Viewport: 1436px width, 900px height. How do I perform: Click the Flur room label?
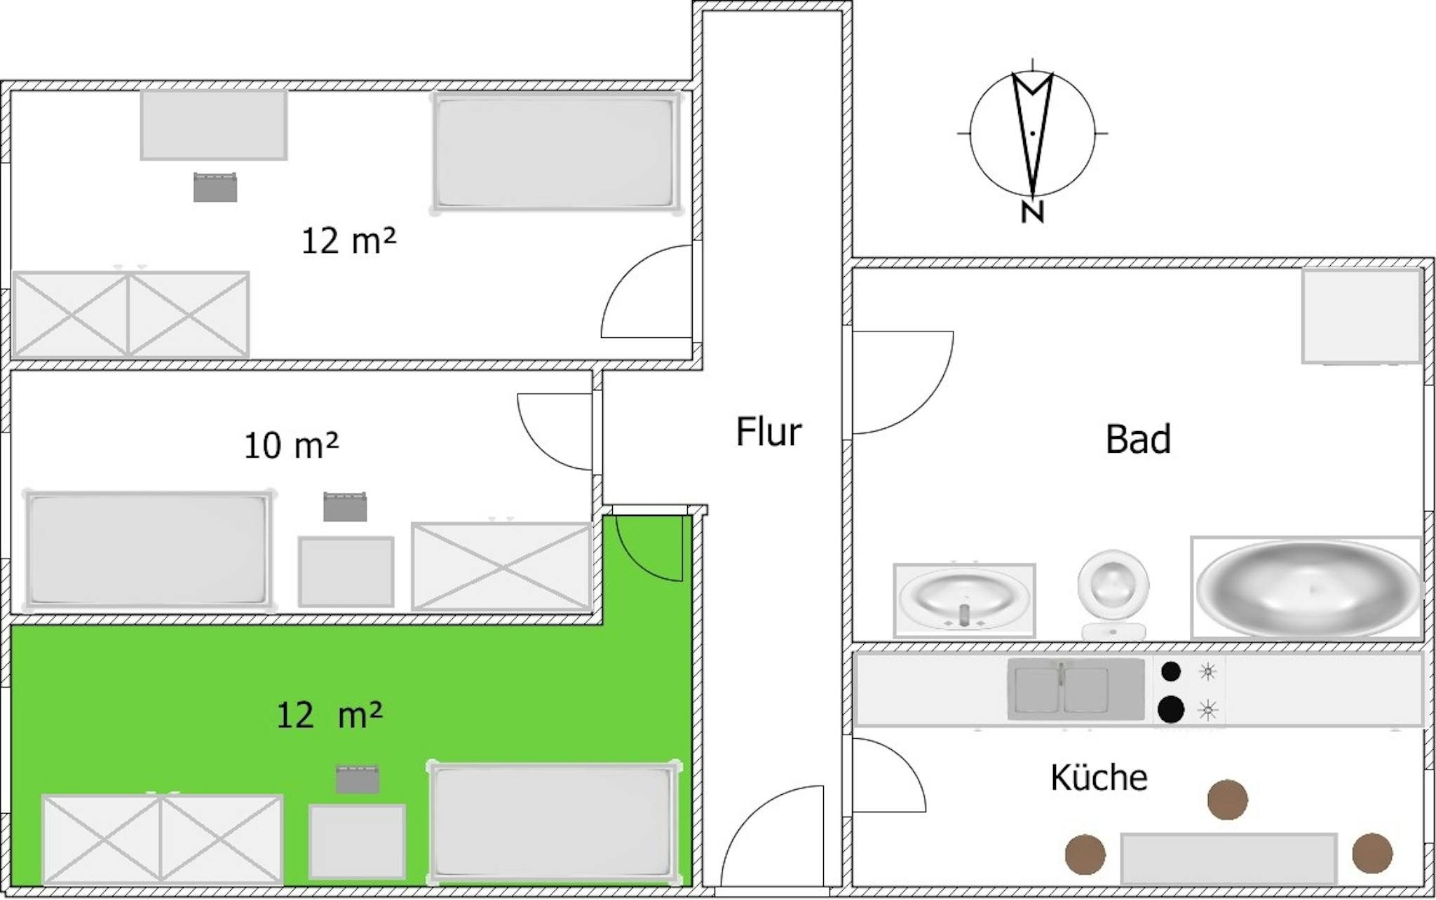(768, 432)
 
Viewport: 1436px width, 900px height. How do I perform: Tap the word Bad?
(1138, 439)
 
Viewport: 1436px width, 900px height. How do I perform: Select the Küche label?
(1099, 777)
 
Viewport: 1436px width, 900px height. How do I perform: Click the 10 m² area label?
(291, 445)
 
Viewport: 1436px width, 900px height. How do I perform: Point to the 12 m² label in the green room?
(330, 715)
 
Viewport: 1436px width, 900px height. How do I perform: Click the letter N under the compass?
(1032, 212)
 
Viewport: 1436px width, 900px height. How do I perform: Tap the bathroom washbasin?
(964, 601)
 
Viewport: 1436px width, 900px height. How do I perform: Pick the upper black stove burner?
(1171, 671)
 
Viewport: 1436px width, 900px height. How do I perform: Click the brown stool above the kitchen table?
(1227, 799)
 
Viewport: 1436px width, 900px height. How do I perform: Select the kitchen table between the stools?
(1228, 859)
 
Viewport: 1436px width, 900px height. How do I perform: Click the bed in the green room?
(554, 821)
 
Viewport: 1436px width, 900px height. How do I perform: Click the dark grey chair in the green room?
(358, 779)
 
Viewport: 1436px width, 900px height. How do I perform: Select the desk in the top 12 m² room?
(214, 125)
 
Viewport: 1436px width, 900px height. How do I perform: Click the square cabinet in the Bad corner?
(1362, 315)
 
